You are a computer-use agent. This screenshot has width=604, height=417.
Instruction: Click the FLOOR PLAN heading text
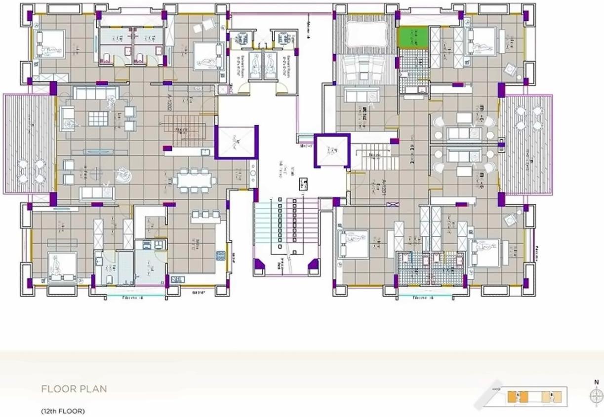click(74, 389)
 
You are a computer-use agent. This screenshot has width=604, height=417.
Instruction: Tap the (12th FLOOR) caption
click(63, 411)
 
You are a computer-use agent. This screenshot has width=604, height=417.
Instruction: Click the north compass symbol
click(597, 396)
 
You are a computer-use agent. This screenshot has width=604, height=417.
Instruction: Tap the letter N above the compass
click(597, 381)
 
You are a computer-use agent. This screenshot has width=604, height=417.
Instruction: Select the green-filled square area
click(413, 38)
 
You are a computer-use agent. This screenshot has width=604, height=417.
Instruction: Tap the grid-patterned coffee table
click(98, 118)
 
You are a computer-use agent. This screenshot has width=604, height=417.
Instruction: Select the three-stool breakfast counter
click(206, 214)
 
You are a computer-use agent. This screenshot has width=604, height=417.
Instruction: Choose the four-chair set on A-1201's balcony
click(527, 118)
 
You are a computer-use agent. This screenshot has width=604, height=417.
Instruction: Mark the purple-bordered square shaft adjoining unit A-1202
click(236, 142)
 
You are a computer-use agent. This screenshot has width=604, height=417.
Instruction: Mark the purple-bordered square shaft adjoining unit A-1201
click(332, 151)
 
